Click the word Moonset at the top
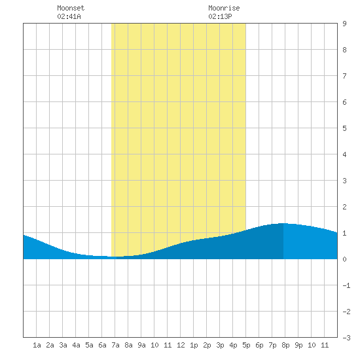coord(71,8)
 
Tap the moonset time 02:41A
coord(69,16)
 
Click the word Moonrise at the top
coord(224,8)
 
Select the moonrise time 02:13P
coord(220,16)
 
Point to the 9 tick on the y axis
coord(344,24)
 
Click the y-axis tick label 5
coord(344,128)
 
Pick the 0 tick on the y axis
coord(344,259)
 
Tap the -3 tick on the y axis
coord(346,338)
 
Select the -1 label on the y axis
coord(346,285)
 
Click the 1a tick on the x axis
coord(37,345)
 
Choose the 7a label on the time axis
coord(115,345)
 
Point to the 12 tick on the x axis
coord(181,345)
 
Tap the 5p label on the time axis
coord(246,345)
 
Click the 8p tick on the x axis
coord(285,345)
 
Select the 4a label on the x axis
coord(76,345)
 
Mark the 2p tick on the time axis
coord(207,345)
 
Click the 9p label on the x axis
coord(298,345)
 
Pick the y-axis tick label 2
coord(344,207)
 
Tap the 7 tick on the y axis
coord(344,76)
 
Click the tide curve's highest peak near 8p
coord(283,223)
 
